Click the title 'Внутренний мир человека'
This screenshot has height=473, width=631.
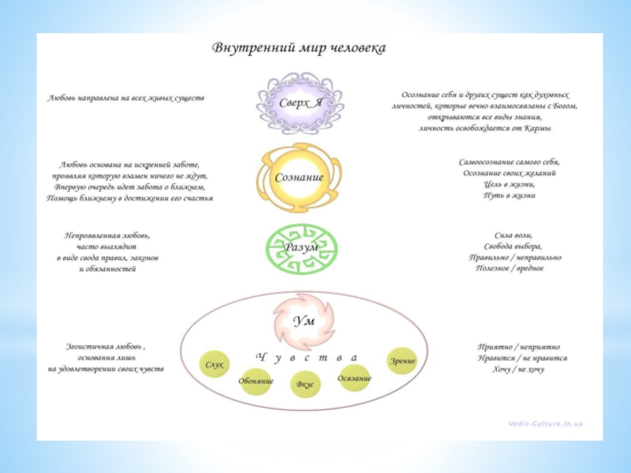coord(299,49)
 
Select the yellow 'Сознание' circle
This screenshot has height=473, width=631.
coord(299,177)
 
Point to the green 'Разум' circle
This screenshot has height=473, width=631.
coord(301,247)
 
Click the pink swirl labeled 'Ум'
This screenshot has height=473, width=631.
coord(304,320)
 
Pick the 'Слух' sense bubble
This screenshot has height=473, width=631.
coord(215,365)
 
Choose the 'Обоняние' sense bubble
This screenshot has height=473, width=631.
coord(256,382)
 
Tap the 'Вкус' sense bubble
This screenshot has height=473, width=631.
coord(304,385)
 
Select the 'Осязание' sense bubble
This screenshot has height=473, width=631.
coord(354,378)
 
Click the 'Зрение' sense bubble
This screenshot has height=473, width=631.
coord(401,361)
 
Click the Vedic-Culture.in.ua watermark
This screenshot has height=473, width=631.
coord(545,424)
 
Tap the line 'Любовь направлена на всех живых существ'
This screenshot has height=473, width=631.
coord(126,99)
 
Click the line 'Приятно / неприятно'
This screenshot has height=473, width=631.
coord(518,347)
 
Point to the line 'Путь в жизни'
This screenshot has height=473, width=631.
coord(510,195)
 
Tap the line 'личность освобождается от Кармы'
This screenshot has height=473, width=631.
coord(484,127)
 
